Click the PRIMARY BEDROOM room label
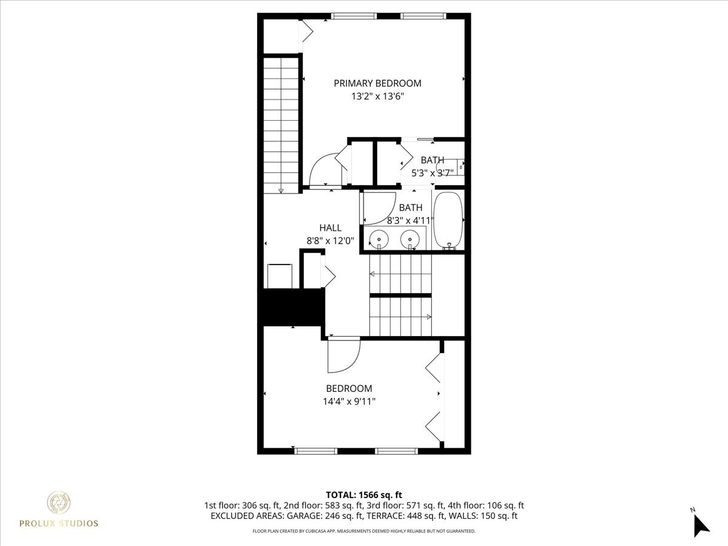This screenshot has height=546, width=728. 377,83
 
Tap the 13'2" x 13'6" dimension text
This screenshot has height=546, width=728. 377,96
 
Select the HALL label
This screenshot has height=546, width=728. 331,227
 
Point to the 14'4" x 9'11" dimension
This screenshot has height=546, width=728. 349,402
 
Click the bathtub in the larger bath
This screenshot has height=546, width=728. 448,220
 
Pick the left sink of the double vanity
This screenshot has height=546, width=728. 379,238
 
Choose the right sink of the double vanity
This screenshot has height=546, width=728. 410,238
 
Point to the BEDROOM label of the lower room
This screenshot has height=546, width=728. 349,388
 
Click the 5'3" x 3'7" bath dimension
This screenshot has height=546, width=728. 433,173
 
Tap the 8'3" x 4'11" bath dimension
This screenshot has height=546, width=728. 411,220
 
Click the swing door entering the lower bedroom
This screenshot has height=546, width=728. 343,355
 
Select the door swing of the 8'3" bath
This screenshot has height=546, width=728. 379,208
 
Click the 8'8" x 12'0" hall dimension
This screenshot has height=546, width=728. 331,241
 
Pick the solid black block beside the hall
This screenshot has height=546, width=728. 291,307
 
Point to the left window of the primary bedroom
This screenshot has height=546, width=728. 354,16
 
